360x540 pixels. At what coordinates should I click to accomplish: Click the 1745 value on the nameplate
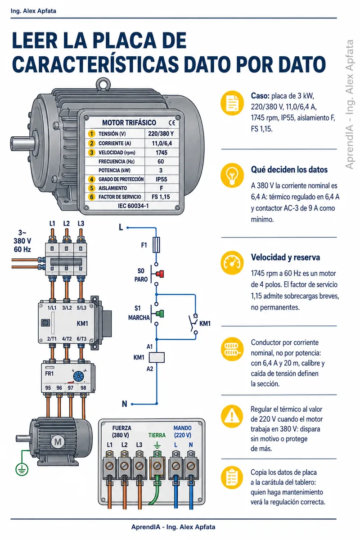coord(161,153)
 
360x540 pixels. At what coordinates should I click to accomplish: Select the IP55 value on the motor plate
coord(161,180)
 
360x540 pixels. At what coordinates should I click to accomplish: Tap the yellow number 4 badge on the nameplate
coord(91,180)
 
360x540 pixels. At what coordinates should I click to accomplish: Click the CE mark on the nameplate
coord(172,123)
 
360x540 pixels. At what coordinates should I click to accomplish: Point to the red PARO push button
coord(160,274)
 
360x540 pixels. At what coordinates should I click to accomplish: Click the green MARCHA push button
coord(160,314)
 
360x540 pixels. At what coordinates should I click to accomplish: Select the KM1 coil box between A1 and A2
coord(157,357)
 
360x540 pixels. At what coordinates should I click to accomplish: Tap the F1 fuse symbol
coord(156,245)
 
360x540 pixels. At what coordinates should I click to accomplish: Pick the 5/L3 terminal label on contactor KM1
coord(81,308)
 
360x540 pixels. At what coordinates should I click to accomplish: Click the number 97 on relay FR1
coord(70,388)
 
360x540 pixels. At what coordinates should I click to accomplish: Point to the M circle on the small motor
coord(58,442)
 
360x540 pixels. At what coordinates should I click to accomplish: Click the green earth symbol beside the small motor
coord(22,469)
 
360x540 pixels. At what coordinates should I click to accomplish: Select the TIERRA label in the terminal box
coord(157,435)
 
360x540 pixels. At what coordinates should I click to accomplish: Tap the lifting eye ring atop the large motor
coord(103,85)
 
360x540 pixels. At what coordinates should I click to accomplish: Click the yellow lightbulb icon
coord(232,175)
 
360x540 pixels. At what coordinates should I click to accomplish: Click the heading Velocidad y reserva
coord(285,257)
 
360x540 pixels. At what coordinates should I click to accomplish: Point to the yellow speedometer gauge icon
coord(232,263)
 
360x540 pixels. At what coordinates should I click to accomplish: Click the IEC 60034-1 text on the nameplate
coord(133,206)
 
